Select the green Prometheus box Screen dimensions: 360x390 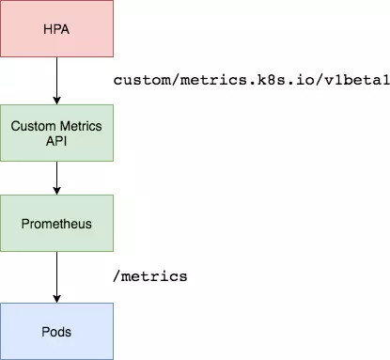[x=56, y=223]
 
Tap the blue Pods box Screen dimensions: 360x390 [x=56, y=331]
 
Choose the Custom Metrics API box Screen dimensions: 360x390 [x=56, y=132]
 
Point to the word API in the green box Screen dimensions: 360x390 [x=56, y=139]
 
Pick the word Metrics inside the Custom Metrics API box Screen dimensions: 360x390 [x=80, y=125]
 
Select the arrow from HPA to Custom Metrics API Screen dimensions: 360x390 [x=56, y=82]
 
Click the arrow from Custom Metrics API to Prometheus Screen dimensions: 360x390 [x=56, y=177]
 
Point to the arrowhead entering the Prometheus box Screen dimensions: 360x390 [x=56, y=190]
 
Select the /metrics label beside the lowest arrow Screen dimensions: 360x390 [x=150, y=276]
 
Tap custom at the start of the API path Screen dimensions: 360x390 [x=139, y=81]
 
